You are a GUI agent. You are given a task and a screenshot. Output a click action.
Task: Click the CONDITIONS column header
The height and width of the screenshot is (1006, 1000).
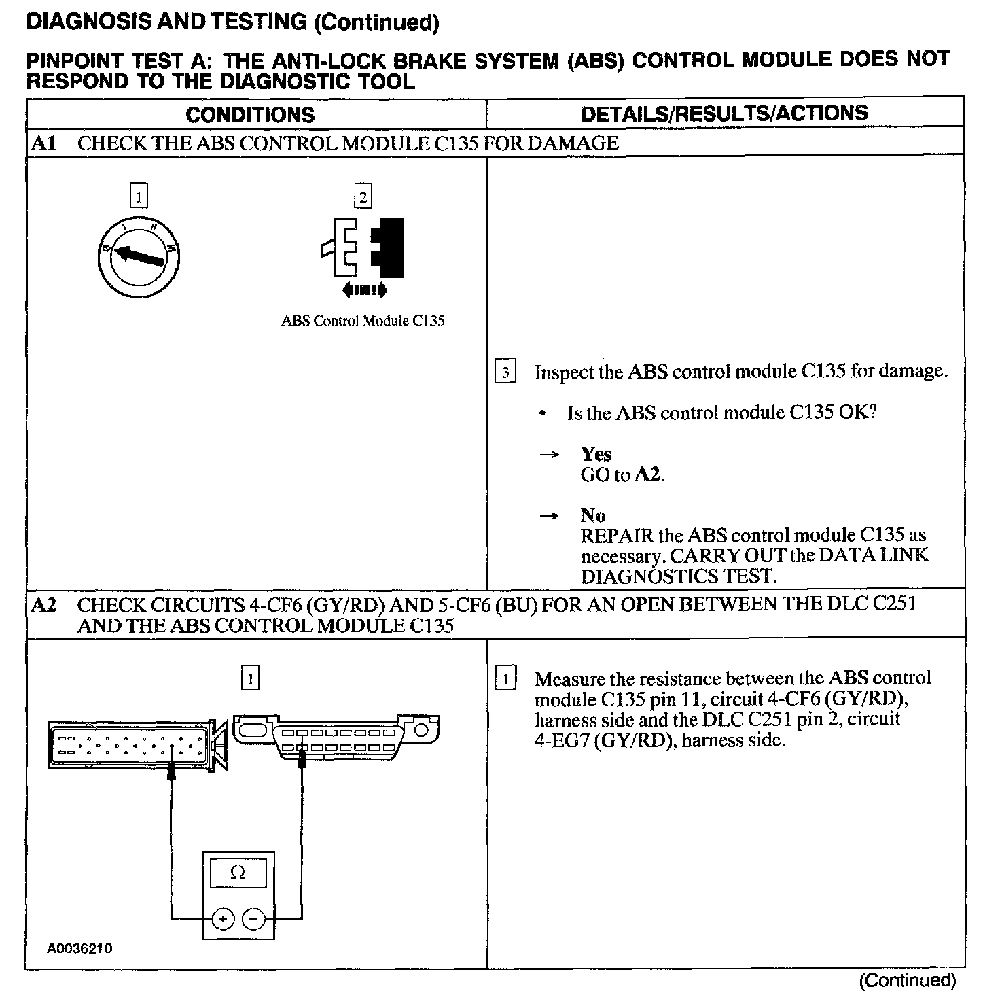[250, 114]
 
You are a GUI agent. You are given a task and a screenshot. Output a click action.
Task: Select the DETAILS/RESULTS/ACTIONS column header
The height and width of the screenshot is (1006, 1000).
[724, 113]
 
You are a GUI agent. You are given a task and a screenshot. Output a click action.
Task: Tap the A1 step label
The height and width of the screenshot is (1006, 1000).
[43, 143]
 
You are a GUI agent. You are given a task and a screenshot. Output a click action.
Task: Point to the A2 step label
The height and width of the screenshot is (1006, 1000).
[43, 604]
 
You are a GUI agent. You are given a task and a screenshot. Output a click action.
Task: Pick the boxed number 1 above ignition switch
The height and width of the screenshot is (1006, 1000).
[138, 197]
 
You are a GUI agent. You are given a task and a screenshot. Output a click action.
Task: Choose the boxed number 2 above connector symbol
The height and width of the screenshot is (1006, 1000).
[363, 197]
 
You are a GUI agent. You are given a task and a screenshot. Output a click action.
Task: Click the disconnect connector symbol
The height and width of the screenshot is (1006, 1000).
[363, 248]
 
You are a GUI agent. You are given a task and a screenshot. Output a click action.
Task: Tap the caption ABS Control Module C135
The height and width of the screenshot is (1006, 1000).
[363, 321]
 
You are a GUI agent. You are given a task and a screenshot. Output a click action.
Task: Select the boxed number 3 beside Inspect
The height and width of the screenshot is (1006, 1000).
[505, 372]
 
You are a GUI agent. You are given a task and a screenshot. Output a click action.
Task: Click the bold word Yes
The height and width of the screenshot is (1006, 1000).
[596, 454]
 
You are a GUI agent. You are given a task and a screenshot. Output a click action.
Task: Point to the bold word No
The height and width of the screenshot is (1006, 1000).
[593, 515]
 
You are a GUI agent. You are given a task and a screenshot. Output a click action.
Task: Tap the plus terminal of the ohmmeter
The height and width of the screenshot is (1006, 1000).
[222, 919]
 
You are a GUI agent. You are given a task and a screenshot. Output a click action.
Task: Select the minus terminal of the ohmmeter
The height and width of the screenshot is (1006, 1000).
[254, 919]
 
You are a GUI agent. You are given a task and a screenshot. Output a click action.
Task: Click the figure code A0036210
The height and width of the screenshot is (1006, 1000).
[79, 948]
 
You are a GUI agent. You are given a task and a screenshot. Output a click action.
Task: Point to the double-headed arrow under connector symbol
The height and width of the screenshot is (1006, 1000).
[364, 291]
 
